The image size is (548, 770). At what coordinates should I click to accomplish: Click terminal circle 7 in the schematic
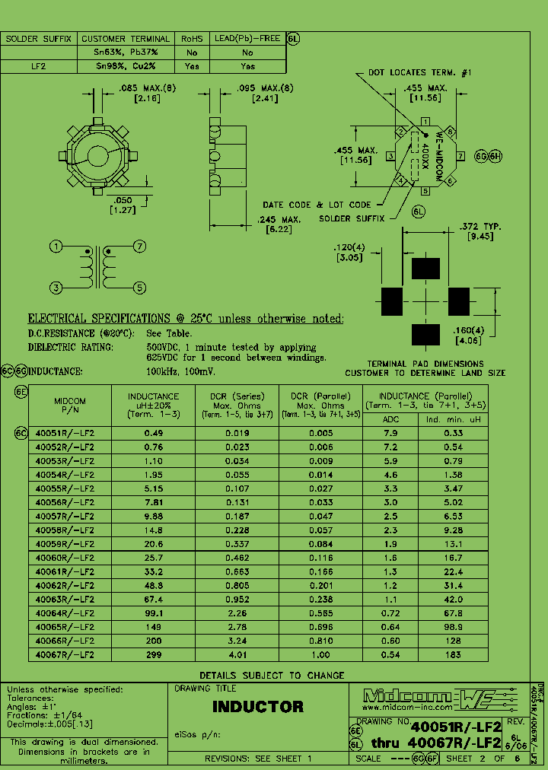[139, 247]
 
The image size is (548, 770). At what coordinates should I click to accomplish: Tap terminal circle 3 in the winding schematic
[56, 288]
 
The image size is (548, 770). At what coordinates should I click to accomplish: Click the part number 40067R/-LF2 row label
[65, 653]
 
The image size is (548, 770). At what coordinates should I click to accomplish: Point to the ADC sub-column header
[390, 418]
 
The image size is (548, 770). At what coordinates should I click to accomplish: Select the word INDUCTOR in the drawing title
[257, 707]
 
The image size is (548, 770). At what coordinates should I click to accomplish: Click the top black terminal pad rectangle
[425, 269]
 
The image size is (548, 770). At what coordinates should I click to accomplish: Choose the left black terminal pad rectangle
[391, 301]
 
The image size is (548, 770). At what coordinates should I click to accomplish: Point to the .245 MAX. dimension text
[277, 220]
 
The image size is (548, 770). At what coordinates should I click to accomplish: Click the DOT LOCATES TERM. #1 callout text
[420, 72]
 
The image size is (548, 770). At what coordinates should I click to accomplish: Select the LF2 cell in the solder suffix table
[37, 66]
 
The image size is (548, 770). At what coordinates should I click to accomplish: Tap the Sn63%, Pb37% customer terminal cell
[126, 52]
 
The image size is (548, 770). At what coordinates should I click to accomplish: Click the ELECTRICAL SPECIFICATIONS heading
[186, 319]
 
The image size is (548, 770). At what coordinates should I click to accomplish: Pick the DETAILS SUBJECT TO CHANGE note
[272, 675]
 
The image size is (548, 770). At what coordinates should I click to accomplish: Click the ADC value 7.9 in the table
[390, 433]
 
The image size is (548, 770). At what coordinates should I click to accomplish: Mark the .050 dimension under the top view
[123, 199]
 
